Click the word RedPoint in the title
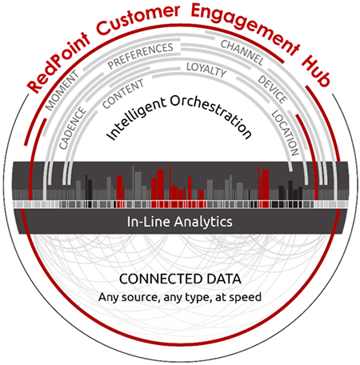(x=58, y=63)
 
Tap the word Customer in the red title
(x=138, y=19)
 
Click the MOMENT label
(x=62, y=90)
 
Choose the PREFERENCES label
(x=140, y=56)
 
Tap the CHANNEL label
(x=242, y=53)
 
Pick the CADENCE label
(x=73, y=128)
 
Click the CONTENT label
(x=123, y=94)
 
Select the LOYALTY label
(x=206, y=70)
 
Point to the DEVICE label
(x=273, y=90)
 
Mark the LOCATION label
(x=285, y=133)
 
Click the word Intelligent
(x=136, y=118)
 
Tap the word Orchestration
(x=211, y=114)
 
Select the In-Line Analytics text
(x=179, y=222)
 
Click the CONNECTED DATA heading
(x=180, y=279)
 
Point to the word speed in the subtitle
(x=246, y=297)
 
